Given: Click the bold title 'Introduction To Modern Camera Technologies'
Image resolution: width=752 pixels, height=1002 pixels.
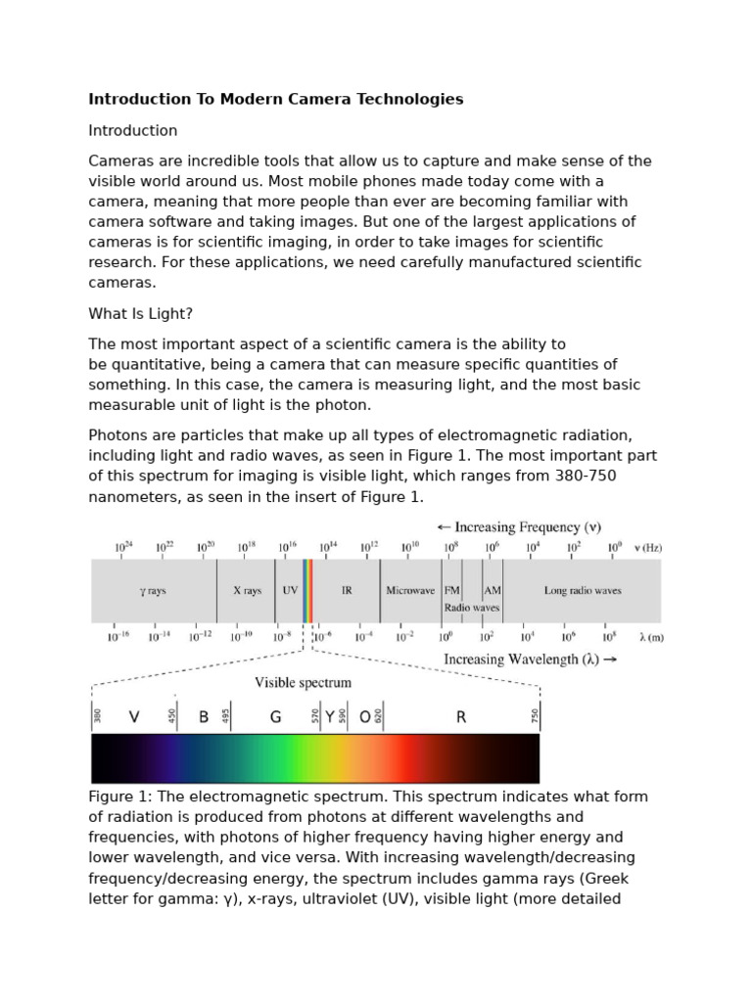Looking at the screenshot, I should coord(276,99).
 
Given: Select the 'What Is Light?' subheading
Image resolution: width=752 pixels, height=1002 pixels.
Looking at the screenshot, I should coord(142,313).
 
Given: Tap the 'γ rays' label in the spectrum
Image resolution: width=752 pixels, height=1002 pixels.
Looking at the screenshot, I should coord(155,591).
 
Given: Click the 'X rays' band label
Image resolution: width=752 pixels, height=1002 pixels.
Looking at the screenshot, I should coord(247,591).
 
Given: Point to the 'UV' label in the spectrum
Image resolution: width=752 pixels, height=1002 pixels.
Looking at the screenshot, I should coord(290,591).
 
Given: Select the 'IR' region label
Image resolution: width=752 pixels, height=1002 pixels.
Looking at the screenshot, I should coord(347,591).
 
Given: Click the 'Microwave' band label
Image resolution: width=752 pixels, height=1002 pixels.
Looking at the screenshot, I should coord(410,591).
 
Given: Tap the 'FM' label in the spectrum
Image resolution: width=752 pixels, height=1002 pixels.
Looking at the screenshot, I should coord(452,591).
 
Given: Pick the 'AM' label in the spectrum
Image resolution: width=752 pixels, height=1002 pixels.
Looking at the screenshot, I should coord(493,591).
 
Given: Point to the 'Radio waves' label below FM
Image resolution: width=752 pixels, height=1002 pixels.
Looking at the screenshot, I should coord(472,608).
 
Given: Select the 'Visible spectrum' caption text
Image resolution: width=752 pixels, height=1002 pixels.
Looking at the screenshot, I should coord(303,682).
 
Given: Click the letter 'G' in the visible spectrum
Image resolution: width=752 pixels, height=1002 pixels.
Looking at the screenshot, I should coord(276,717).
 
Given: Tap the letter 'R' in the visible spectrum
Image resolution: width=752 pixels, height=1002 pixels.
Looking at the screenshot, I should coord(461,717).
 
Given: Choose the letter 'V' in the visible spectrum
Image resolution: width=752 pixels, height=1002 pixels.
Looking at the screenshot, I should coord(134,717).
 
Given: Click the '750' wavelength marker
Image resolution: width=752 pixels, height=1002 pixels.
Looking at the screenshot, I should coord(536,716).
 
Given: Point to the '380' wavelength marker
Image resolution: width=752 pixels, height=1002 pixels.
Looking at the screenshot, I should coord(97,716).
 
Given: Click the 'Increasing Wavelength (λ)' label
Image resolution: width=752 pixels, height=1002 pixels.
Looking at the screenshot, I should coord(531,660).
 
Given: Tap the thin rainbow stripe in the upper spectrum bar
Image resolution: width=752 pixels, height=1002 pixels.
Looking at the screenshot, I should coord(307,591).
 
